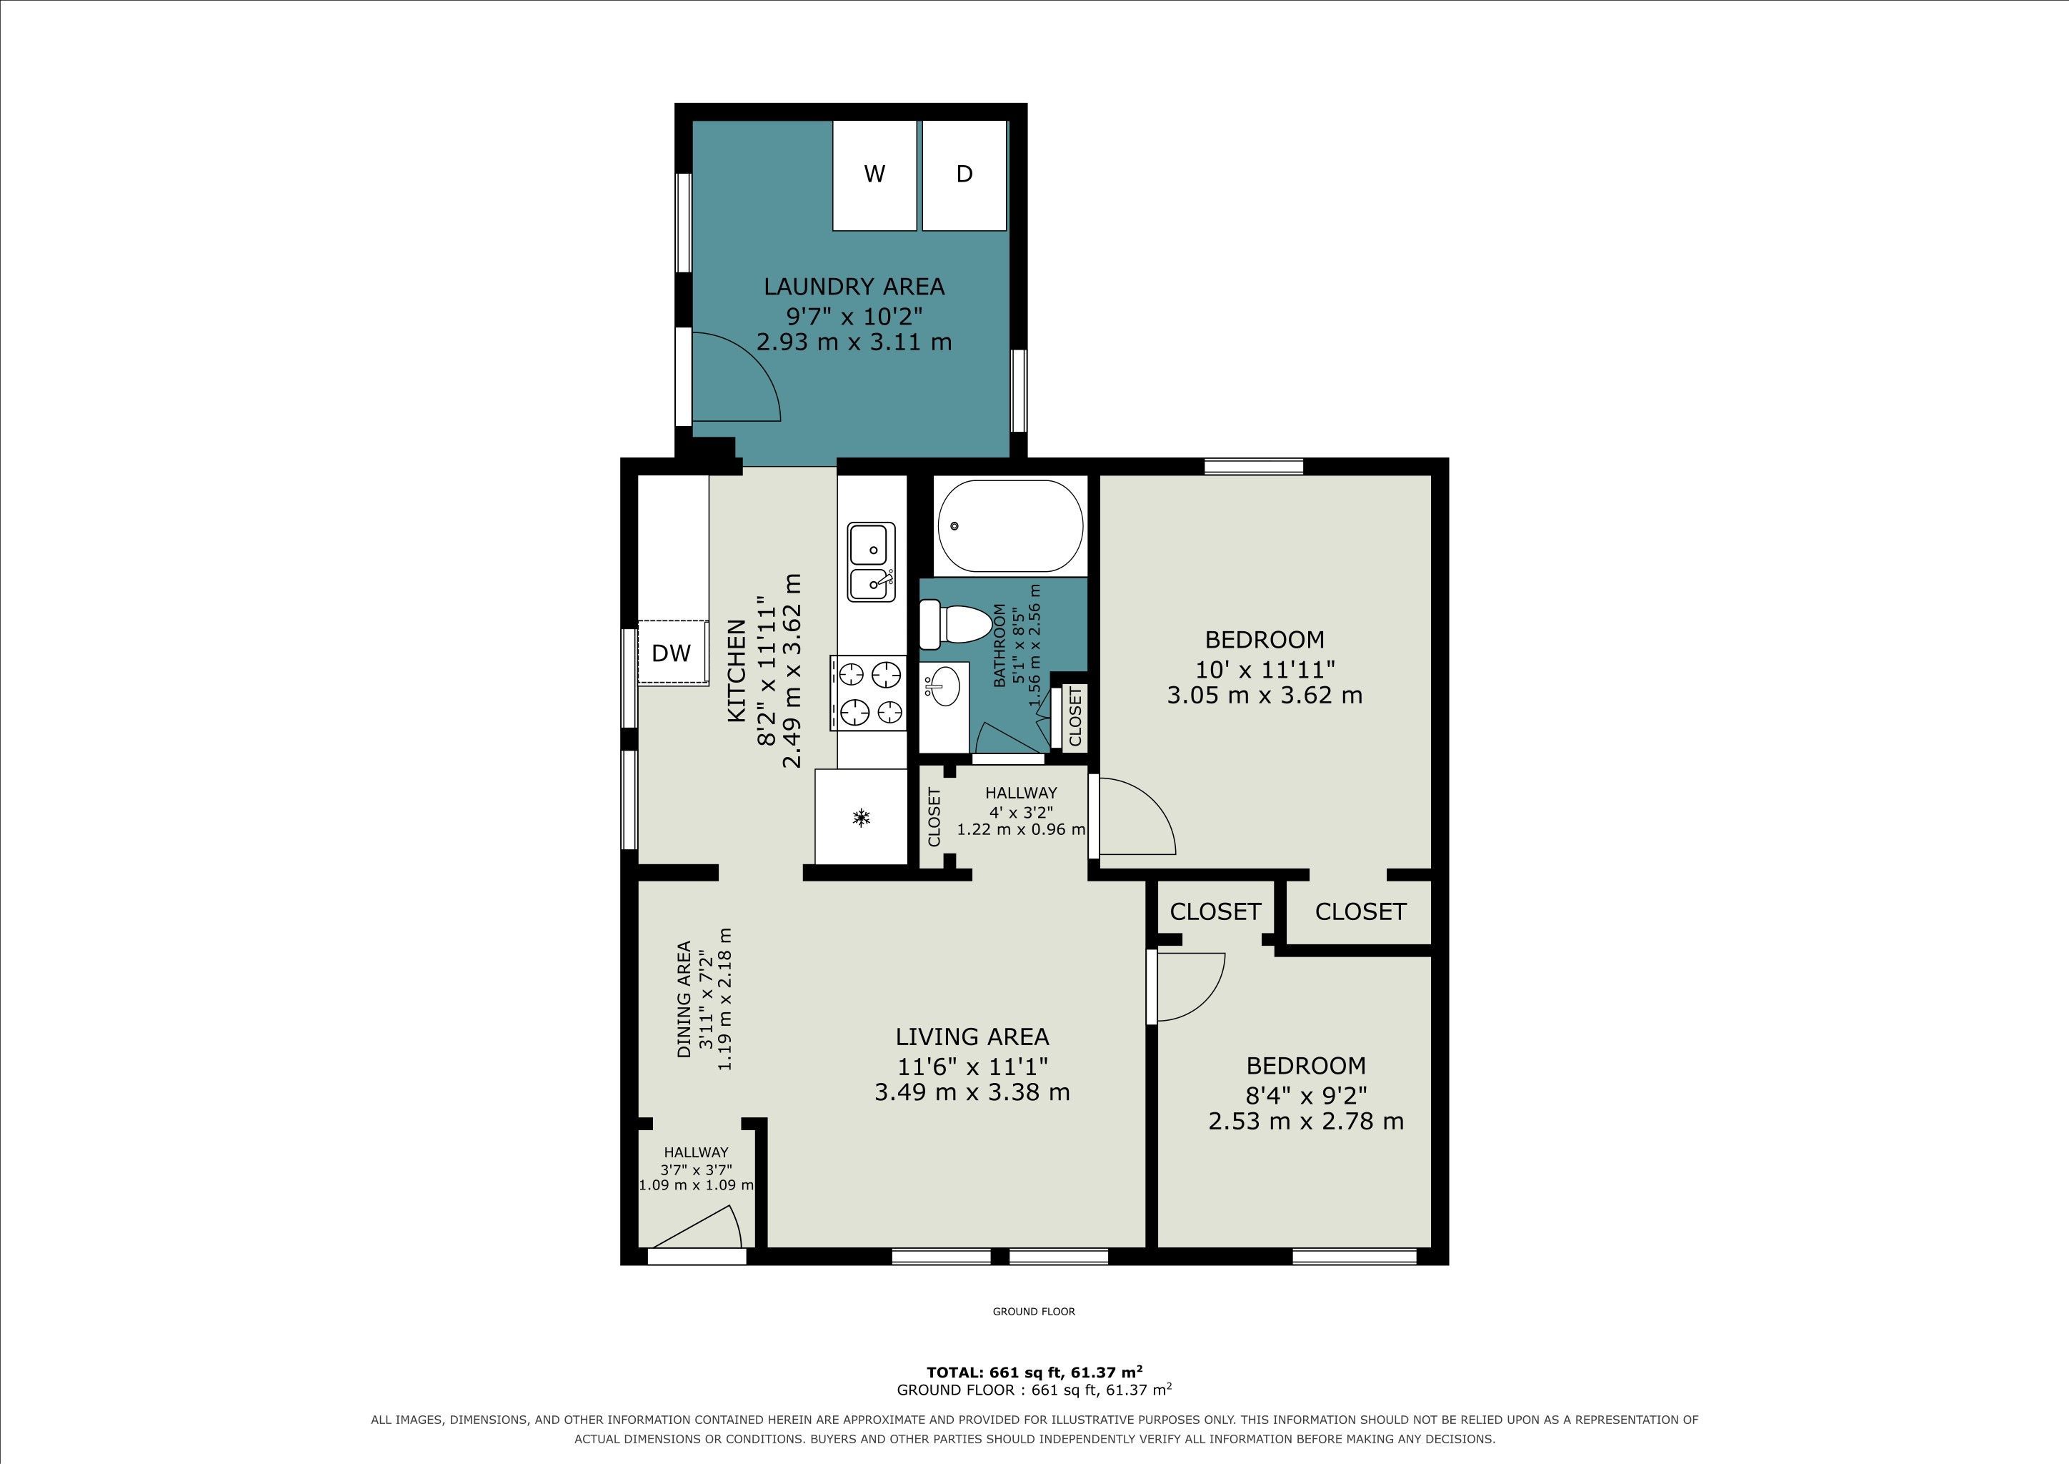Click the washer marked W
click(x=874, y=175)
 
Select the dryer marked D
click(x=964, y=175)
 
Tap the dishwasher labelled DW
click(x=672, y=653)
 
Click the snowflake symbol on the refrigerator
click(x=862, y=818)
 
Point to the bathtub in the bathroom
click(x=1010, y=525)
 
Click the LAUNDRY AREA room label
click(x=854, y=287)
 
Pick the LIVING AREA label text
click(x=972, y=1037)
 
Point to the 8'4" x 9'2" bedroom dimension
click(x=1306, y=1094)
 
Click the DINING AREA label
click(x=684, y=999)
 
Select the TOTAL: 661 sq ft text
click(x=996, y=1372)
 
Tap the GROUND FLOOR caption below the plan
click(x=1034, y=1312)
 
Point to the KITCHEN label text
click(x=737, y=671)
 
